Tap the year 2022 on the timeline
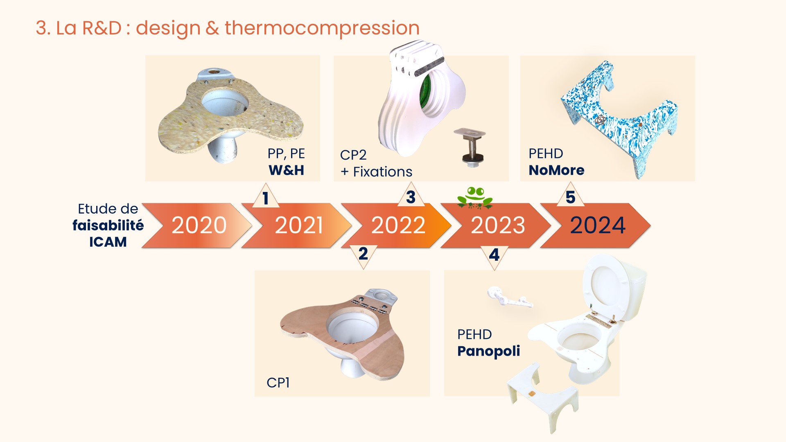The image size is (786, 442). click(x=398, y=226)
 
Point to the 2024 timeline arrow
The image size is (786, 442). click(x=596, y=226)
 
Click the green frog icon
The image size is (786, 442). click(x=475, y=198)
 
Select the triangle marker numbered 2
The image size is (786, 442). click(x=363, y=256)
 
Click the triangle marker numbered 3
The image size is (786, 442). click(x=411, y=195)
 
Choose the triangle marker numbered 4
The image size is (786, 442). click(x=494, y=257)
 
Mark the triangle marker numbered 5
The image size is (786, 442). click(x=570, y=195)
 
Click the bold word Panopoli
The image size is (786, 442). click(x=489, y=351)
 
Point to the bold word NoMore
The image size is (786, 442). click(x=556, y=170)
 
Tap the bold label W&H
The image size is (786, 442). click(x=286, y=170)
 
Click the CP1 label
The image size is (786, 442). click(x=278, y=383)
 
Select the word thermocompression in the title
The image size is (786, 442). click(x=322, y=28)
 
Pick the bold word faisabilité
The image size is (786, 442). click(x=108, y=226)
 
